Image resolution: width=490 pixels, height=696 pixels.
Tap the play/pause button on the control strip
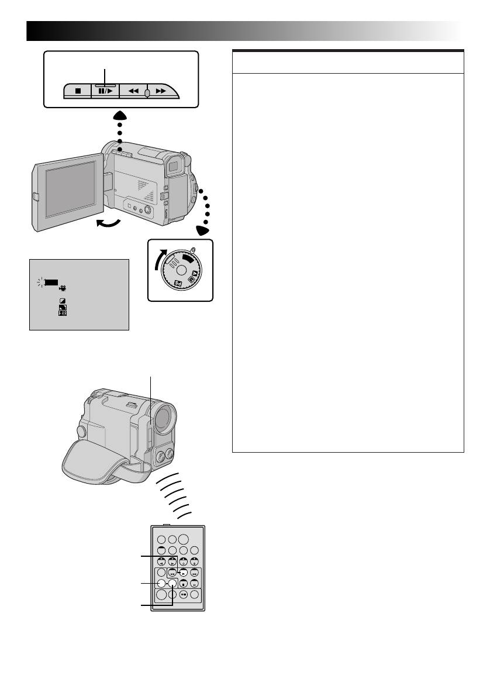click(x=105, y=92)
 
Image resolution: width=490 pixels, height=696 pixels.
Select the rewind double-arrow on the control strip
click(x=133, y=92)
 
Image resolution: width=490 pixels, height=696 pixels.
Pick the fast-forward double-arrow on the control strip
click(x=162, y=92)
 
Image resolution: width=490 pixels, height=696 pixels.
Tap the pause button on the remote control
click(x=194, y=584)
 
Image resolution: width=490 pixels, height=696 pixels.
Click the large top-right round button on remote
click(x=183, y=541)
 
